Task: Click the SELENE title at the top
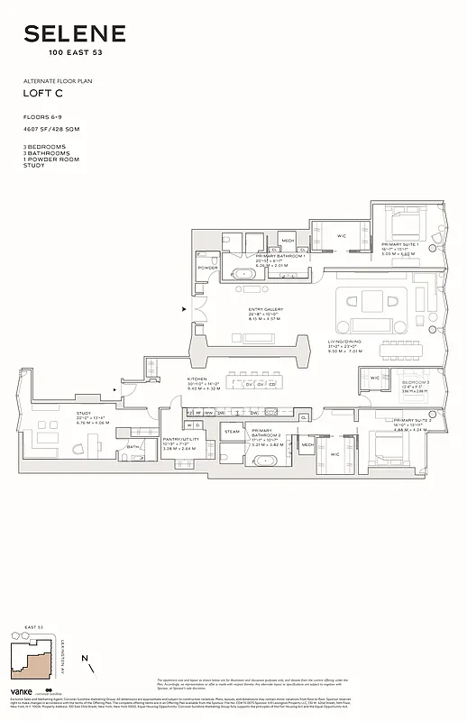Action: point(74,34)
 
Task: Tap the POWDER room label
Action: point(207,268)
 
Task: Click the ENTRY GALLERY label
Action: point(266,309)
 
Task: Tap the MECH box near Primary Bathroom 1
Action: point(288,241)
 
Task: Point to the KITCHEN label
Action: point(197,379)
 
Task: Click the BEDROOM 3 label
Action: point(415,383)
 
